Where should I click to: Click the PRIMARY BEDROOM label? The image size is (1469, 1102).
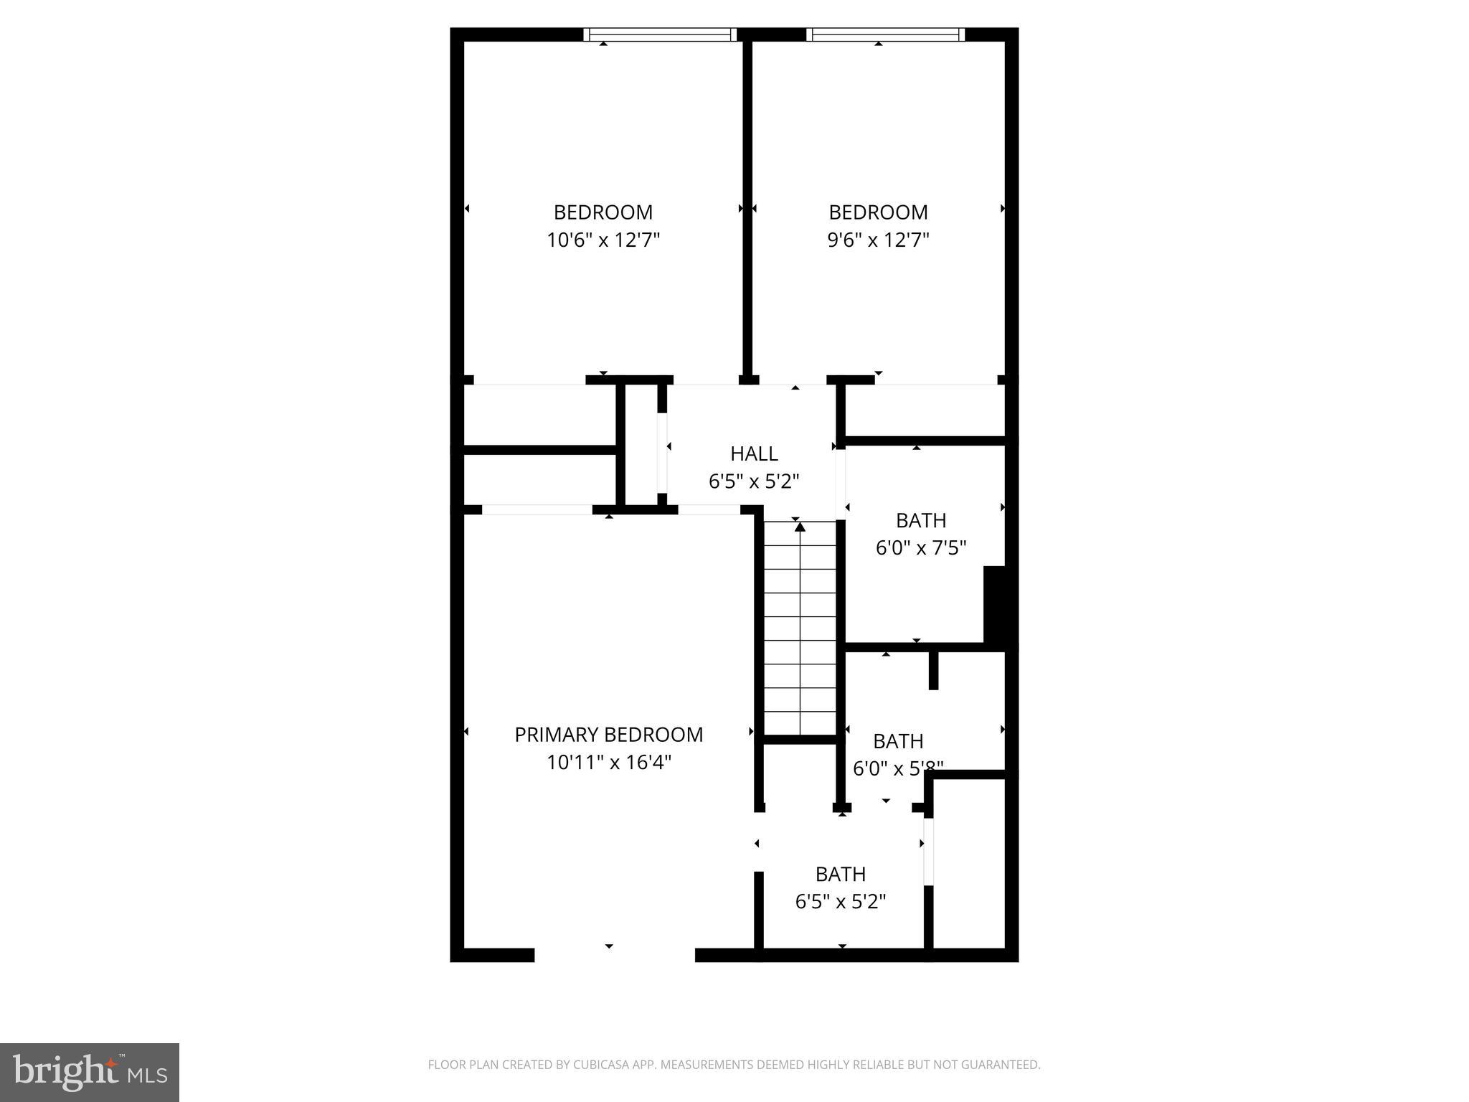(608, 735)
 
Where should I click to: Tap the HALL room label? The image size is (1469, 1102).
(754, 453)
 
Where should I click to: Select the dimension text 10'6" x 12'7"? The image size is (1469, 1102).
(603, 240)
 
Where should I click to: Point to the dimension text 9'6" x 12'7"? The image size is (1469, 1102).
(878, 240)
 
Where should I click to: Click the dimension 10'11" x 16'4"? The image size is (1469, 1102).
(608, 762)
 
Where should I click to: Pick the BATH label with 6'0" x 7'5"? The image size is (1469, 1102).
(921, 520)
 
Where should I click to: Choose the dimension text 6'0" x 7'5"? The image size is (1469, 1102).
(921, 548)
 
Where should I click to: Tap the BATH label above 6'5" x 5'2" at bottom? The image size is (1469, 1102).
(841, 874)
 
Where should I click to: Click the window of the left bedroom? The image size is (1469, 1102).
(660, 34)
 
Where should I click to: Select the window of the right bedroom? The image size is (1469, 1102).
(885, 34)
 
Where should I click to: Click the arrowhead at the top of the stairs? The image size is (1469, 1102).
(800, 527)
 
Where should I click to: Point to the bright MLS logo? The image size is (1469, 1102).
(90, 1073)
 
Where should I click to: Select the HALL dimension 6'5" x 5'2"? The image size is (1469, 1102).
(754, 481)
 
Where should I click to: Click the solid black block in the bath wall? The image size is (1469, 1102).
(996, 604)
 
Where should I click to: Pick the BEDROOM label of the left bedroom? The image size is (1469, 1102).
(603, 212)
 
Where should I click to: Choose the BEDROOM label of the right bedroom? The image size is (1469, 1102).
(878, 212)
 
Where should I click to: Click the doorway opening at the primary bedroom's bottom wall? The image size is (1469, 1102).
(615, 955)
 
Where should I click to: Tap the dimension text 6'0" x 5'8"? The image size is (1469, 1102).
(898, 768)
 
